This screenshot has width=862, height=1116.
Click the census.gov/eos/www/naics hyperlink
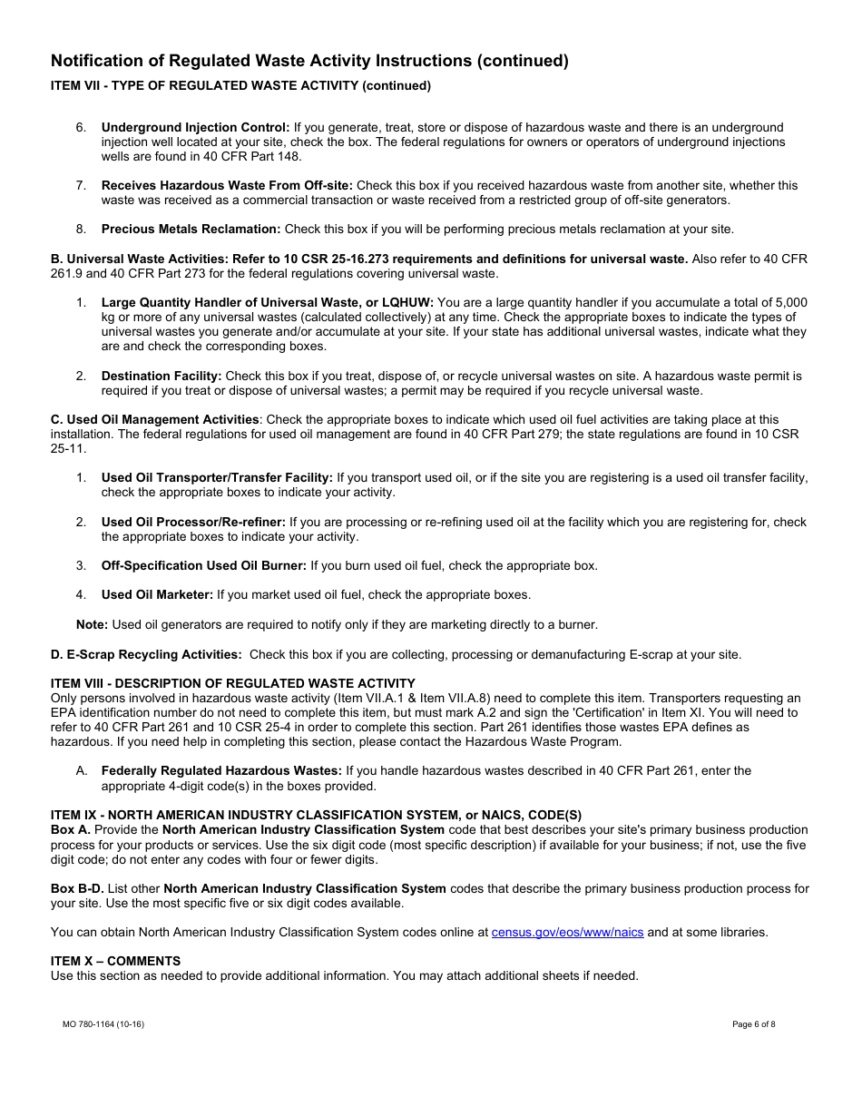[567, 932]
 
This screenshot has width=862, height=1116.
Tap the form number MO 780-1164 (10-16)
[103, 1024]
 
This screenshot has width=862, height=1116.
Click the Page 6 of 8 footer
[753, 1024]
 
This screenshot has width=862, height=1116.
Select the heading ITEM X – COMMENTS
[115, 961]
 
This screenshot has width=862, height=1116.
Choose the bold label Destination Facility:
[162, 376]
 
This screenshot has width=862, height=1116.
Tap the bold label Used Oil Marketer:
[157, 595]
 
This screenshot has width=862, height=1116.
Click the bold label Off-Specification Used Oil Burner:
[204, 566]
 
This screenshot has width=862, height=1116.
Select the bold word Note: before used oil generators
[92, 624]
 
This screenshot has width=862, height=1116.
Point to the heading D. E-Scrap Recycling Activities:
[146, 654]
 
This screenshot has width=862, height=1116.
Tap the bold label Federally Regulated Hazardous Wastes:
[221, 771]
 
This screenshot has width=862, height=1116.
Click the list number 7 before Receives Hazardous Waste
[81, 186]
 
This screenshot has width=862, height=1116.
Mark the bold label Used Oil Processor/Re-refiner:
[193, 523]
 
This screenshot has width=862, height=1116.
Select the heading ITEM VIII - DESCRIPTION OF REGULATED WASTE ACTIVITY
[232, 683]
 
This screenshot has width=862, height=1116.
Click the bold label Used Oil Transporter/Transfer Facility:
[217, 478]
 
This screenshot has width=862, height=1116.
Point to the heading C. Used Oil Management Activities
[154, 420]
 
